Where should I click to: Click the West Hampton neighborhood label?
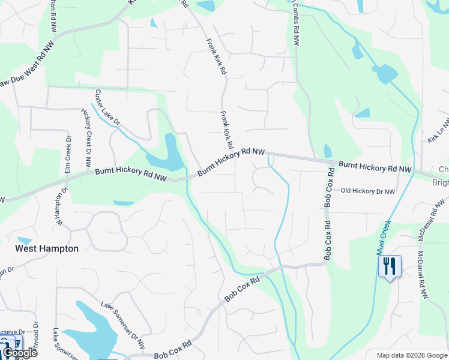(47, 248)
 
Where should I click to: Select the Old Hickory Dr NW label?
(368, 191)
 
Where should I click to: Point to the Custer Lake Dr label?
(107, 107)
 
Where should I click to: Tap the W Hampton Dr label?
(60, 207)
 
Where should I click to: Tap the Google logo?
(19, 353)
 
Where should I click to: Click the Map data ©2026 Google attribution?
(411, 355)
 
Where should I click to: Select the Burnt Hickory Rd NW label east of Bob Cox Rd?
(375, 167)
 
